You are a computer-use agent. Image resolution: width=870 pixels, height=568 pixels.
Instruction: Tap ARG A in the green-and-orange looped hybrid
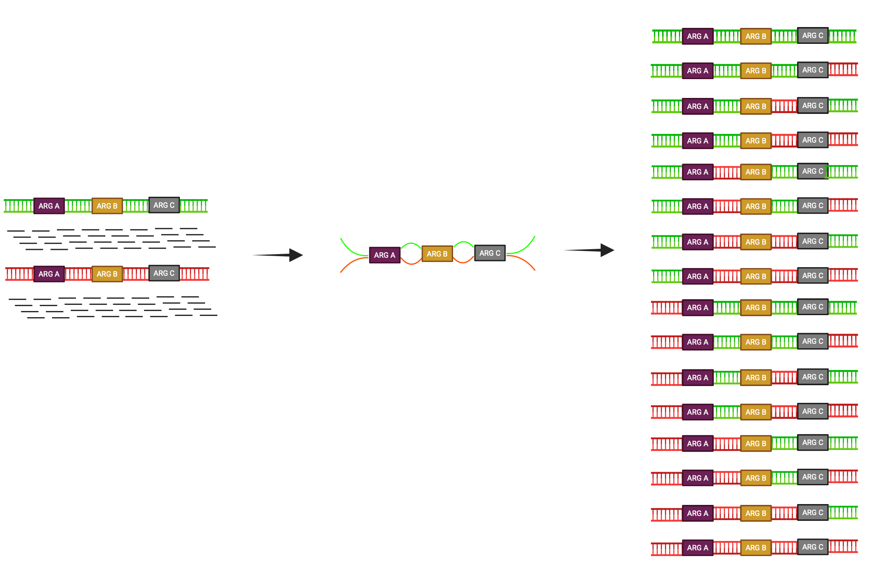pyautogui.click(x=385, y=255)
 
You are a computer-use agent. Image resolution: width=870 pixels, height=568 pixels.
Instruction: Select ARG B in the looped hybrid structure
pyautogui.click(x=437, y=254)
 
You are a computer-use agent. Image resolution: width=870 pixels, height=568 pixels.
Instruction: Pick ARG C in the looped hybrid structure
pyautogui.click(x=490, y=253)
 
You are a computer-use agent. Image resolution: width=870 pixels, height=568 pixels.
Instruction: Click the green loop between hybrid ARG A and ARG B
pyautogui.click(x=411, y=244)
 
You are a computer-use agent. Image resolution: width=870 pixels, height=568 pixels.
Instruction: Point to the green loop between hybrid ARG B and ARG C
pyautogui.click(x=464, y=243)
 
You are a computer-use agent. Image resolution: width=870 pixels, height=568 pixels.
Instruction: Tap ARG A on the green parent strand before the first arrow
pyautogui.click(x=49, y=206)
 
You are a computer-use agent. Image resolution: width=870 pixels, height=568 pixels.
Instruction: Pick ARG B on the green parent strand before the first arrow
pyautogui.click(x=107, y=206)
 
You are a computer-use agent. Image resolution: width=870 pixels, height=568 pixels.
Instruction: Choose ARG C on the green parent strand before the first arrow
pyautogui.click(x=164, y=205)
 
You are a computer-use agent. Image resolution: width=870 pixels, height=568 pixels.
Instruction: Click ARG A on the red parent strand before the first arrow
pyautogui.click(x=49, y=274)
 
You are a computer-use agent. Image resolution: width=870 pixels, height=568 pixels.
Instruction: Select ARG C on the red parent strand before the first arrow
pyautogui.click(x=164, y=273)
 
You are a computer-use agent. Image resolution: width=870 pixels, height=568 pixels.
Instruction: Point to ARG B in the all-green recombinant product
pyautogui.click(x=756, y=36)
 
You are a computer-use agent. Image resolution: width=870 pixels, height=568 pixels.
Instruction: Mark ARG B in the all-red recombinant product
pyautogui.click(x=756, y=548)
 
